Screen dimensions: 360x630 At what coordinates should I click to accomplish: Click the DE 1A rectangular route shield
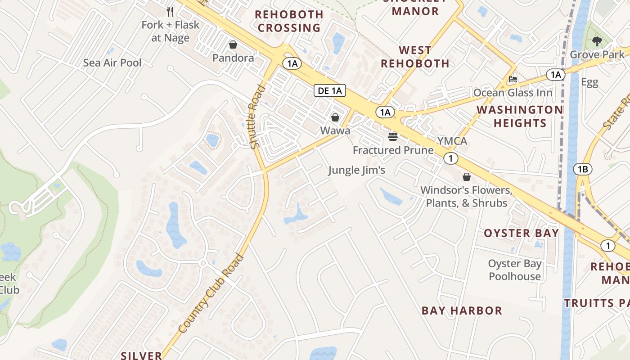point(330,90)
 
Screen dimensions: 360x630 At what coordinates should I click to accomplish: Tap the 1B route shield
point(583,169)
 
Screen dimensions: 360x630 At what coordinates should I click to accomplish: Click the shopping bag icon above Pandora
point(233,45)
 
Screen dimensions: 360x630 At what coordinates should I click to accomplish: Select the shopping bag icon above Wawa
point(335,117)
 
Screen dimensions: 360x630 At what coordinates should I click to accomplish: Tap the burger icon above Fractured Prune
point(393,136)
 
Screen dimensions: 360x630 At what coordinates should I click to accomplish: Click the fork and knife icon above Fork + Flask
point(170,11)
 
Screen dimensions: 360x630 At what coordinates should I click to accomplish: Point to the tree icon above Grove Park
point(597,42)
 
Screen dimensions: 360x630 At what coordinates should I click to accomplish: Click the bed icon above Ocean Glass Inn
point(513,80)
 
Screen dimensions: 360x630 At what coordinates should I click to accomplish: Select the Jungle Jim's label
point(356,170)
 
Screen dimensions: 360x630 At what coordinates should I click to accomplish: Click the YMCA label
point(452,141)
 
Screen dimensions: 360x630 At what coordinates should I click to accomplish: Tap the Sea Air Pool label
point(112,63)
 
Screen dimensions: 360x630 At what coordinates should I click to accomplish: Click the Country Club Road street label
point(211,294)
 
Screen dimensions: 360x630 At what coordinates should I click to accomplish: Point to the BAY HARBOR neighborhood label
point(462,310)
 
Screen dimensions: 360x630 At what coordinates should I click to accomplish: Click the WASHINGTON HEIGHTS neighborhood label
point(520,116)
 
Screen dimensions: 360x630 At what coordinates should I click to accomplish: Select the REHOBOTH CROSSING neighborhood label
point(289,21)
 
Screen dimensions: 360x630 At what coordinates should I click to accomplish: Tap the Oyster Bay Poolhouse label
point(515,270)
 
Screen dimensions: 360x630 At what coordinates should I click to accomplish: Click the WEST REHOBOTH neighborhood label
point(415,56)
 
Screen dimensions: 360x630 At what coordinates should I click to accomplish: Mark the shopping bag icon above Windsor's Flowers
point(467,177)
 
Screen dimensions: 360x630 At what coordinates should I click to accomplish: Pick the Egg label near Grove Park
point(589,82)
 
